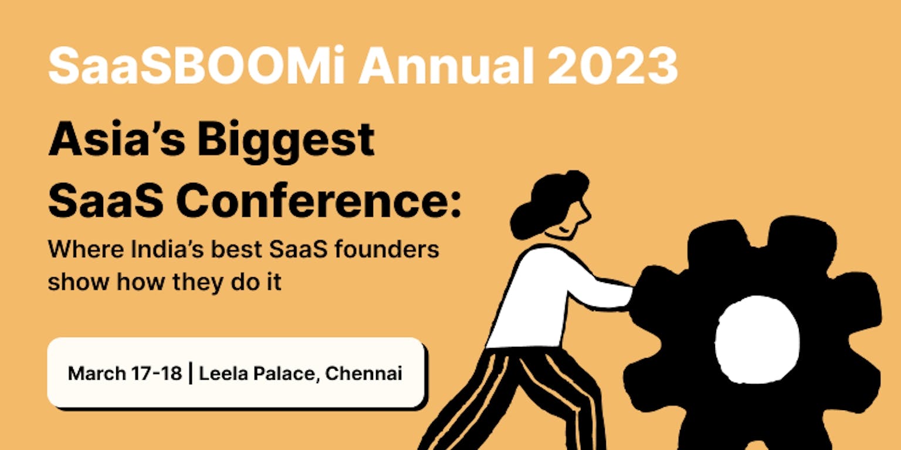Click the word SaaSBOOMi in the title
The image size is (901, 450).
(x=197, y=65)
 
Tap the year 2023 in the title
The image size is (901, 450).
(x=612, y=66)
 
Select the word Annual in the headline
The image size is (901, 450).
(x=446, y=65)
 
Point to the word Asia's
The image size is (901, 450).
(x=117, y=139)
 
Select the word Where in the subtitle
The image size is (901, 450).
(x=86, y=249)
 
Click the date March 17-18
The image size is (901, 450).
(x=125, y=373)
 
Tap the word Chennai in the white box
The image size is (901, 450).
(x=363, y=373)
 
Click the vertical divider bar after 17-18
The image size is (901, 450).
(x=190, y=373)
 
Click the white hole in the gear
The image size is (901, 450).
(x=757, y=340)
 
